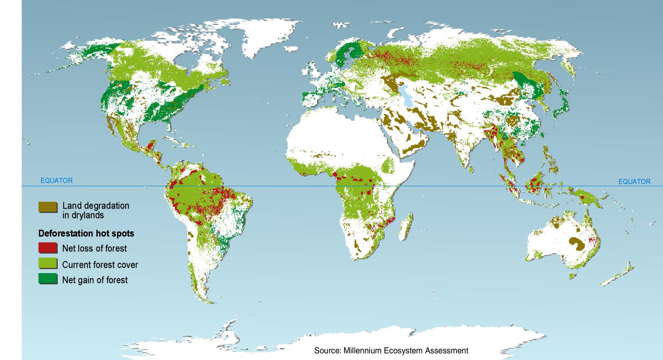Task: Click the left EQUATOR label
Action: [56, 181]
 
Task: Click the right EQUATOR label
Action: [634, 182]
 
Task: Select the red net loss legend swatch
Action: [47, 248]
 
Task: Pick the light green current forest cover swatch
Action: [47, 264]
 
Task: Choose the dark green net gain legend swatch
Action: [47, 279]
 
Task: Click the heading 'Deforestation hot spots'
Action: [86, 234]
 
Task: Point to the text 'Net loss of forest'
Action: [94, 248]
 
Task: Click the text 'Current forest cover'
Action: [100, 265]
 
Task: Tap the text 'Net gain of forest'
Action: [95, 280]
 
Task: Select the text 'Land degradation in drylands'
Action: [96, 210]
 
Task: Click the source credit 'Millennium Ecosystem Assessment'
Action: [391, 351]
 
